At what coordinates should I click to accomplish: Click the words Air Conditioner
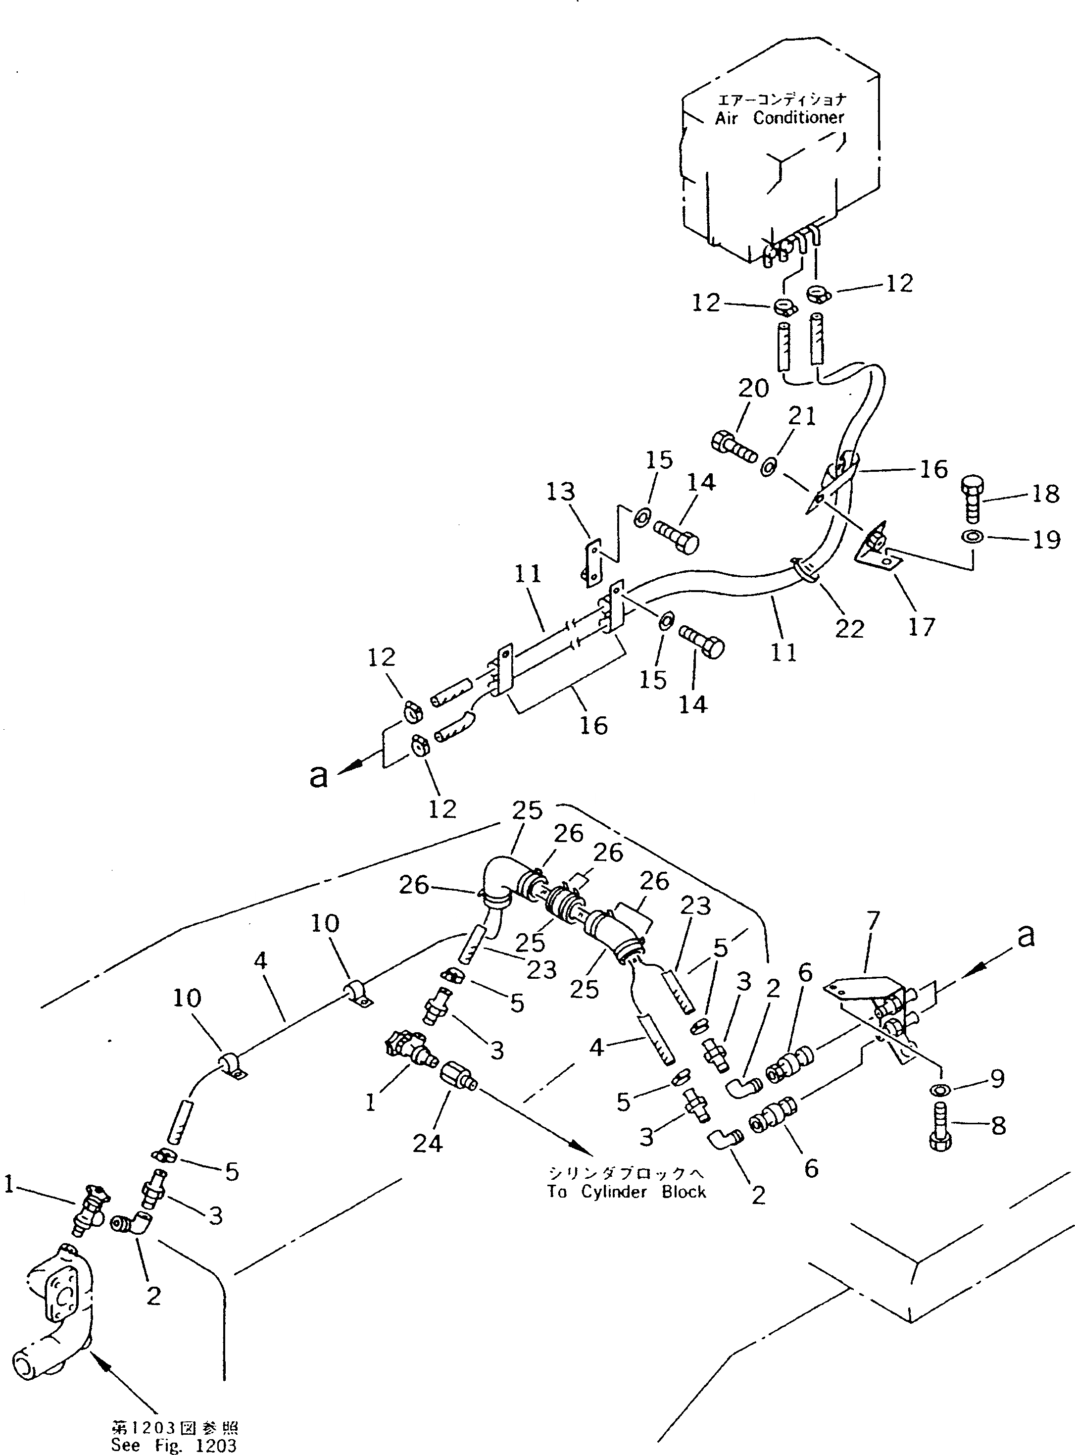[x=779, y=118]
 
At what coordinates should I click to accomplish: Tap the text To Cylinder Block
[x=626, y=1192]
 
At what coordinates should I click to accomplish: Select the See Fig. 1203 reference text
[x=174, y=1445]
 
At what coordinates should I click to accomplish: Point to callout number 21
[x=802, y=416]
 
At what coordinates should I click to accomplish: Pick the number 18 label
[x=1046, y=494]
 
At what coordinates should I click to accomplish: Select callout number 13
[x=561, y=492]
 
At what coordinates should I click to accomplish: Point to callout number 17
[x=922, y=627]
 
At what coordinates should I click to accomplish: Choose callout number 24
[x=428, y=1143]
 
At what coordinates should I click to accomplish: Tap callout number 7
[x=873, y=921]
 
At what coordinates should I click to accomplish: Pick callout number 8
[x=998, y=1126]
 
